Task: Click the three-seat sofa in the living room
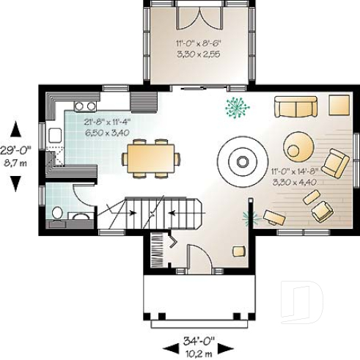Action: pyautogui.click(x=295, y=106)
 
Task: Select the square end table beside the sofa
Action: pyautogui.click(x=339, y=106)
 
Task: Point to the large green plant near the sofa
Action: pyautogui.click(x=237, y=108)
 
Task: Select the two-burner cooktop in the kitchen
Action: pyautogui.click(x=85, y=106)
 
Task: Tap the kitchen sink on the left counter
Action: pyautogui.click(x=54, y=134)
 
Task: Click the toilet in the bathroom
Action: pyautogui.click(x=57, y=213)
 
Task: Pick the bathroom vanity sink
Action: pyautogui.click(x=81, y=216)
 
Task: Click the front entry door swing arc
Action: pyautogui.click(x=199, y=258)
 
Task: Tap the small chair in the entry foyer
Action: pyautogui.click(x=238, y=251)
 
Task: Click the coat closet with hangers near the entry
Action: pyautogui.click(x=158, y=252)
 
